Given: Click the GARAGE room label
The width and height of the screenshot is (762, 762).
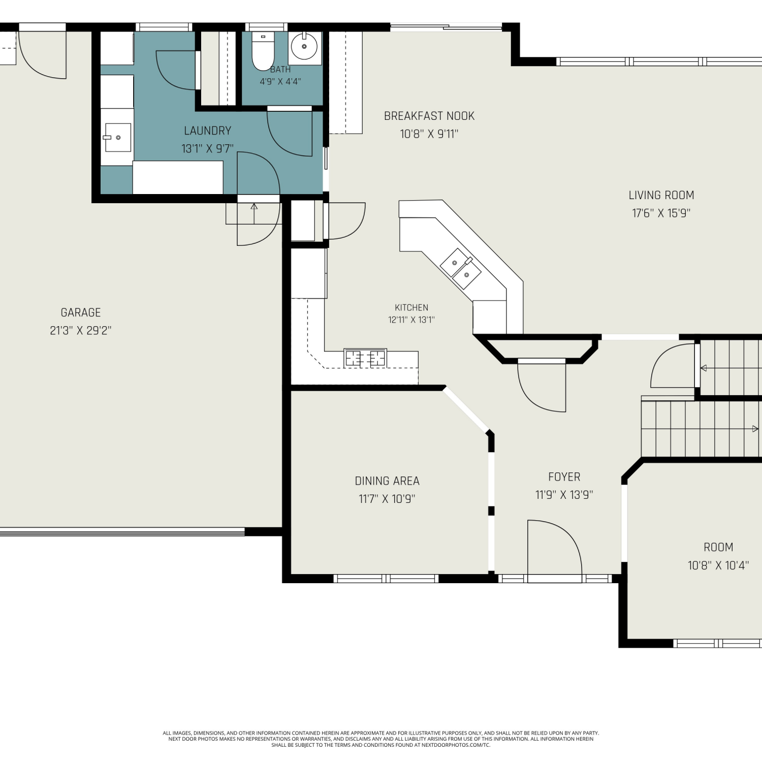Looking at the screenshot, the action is tap(81, 312).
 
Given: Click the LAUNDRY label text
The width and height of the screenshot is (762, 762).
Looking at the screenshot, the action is tap(207, 131).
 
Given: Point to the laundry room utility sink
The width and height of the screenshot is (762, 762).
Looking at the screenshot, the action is tap(117, 137).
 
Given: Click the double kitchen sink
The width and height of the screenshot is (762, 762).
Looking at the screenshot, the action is tap(461, 269).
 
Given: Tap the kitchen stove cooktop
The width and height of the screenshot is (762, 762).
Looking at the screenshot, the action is tap(365, 358).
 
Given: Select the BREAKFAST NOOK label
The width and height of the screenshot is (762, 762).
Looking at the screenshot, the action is tap(429, 116).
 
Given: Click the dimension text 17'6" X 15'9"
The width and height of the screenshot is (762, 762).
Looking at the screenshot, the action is tap(661, 213).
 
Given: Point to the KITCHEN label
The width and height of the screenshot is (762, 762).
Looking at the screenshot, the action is tap(411, 307).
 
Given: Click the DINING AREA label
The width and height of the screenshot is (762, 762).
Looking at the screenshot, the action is tap(387, 481).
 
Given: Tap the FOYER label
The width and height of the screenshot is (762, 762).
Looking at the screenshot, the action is tap(564, 477).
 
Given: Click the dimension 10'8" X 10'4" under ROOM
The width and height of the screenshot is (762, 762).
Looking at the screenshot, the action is tap(718, 565).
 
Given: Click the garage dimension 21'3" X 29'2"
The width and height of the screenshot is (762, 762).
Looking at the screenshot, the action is tap(81, 330).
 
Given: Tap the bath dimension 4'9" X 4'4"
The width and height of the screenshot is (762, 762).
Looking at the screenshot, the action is tap(280, 81).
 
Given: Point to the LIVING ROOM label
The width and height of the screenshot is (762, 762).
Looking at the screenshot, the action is tap(661, 195).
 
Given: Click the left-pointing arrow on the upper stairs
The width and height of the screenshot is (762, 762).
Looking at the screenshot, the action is tap(704, 368).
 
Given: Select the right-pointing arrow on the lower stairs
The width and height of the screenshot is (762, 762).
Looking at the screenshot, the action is tap(755, 429).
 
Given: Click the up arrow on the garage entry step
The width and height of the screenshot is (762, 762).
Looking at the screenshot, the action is tap(254, 207).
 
